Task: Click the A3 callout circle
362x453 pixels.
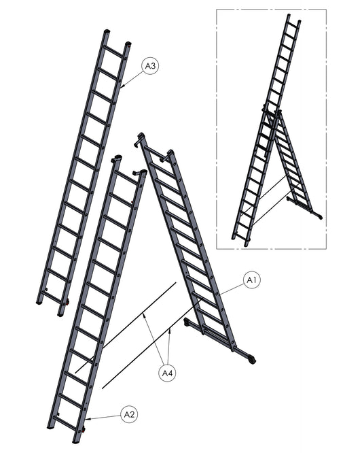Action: [x=150, y=66]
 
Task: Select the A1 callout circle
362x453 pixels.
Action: [x=252, y=280]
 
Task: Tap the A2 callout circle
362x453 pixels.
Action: [x=129, y=415]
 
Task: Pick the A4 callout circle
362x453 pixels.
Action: [x=167, y=373]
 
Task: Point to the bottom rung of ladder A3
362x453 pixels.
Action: [x=52, y=297]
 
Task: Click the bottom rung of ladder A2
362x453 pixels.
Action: [x=65, y=423]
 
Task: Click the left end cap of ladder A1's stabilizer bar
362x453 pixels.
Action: [x=187, y=322]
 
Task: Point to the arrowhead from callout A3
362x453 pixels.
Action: [x=122, y=86]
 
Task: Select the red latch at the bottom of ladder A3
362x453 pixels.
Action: [x=67, y=303]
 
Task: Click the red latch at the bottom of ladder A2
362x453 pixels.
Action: [x=84, y=429]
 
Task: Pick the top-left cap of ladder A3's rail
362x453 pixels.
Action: [x=107, y=31]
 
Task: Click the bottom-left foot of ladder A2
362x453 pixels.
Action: [x=51, y=426]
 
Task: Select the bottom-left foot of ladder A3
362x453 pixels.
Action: [x=39, y=303]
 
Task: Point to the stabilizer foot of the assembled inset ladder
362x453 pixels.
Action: [x=320, y=217]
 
